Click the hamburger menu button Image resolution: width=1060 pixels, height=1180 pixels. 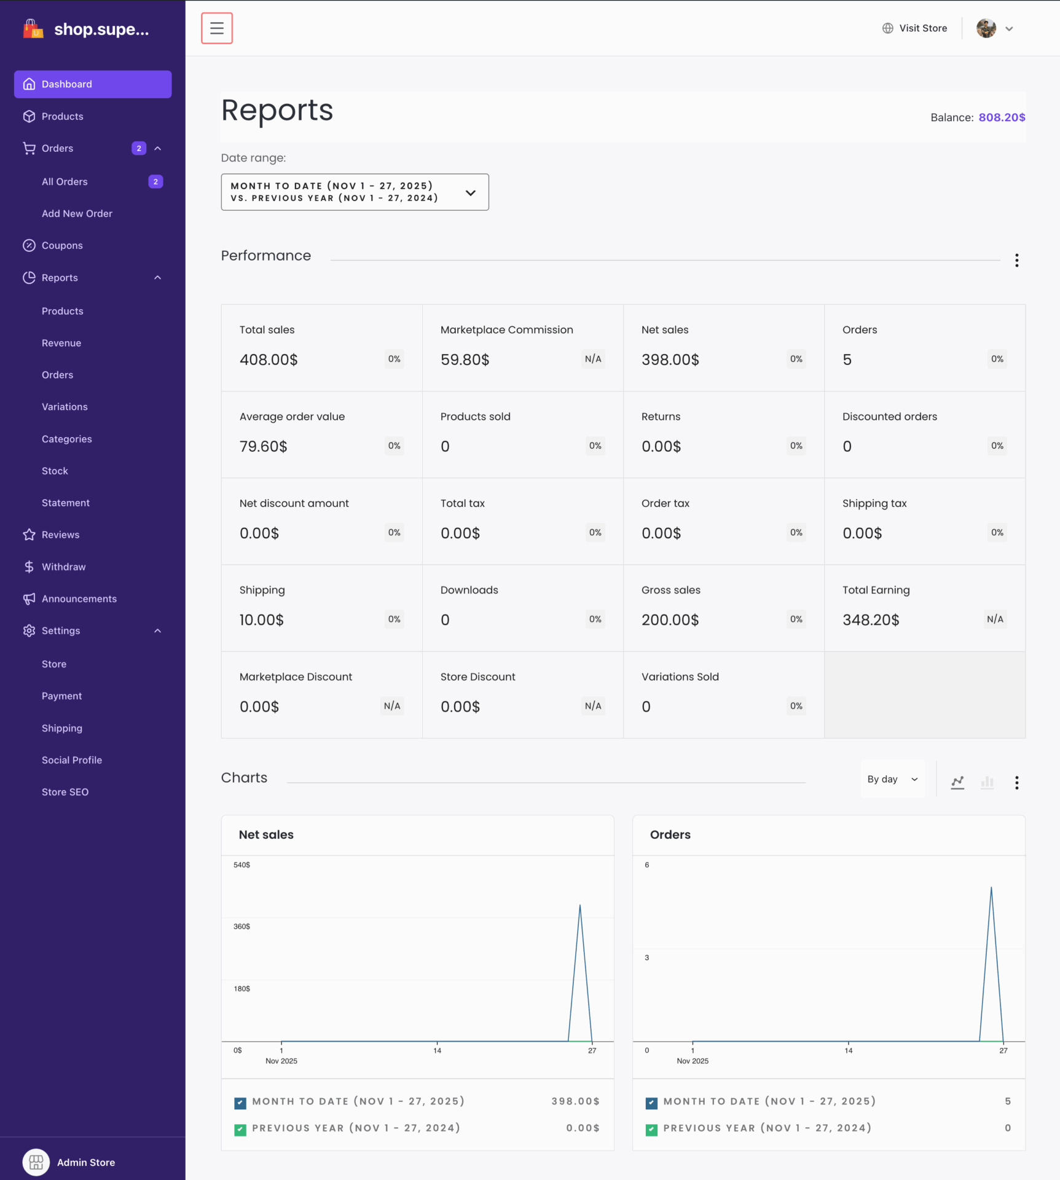[217, 28]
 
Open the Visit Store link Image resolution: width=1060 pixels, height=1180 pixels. [915, 28]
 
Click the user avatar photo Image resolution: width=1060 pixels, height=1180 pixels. [986, 28]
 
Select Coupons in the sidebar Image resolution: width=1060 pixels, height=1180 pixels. [62, 245]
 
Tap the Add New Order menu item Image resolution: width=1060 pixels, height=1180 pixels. [77, 213]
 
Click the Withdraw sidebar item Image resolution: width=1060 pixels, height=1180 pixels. [63, 567]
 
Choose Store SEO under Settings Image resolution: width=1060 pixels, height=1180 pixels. [65, 792]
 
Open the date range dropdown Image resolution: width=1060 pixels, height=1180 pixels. [355, 192]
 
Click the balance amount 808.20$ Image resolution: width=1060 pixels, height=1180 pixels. [1002, 117]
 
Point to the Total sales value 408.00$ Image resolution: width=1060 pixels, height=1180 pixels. [269, 360]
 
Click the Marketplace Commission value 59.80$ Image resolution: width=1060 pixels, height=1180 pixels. [465, 360]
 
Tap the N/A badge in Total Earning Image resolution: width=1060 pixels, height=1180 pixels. [995, 619]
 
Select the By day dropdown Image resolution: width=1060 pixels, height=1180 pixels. [892, 779]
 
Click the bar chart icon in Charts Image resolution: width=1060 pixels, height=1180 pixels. [987, 782]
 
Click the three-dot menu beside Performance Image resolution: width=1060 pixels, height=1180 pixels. [1016, 261]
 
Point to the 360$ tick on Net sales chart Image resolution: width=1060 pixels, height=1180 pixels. [241, 926]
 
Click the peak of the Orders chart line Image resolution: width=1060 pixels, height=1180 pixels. [991, 887]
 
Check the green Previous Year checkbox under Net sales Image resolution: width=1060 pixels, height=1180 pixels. [240, 1130]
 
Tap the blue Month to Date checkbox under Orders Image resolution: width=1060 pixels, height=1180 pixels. [651, 1103]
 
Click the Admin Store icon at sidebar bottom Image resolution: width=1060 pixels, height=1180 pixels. [36, 1162]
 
